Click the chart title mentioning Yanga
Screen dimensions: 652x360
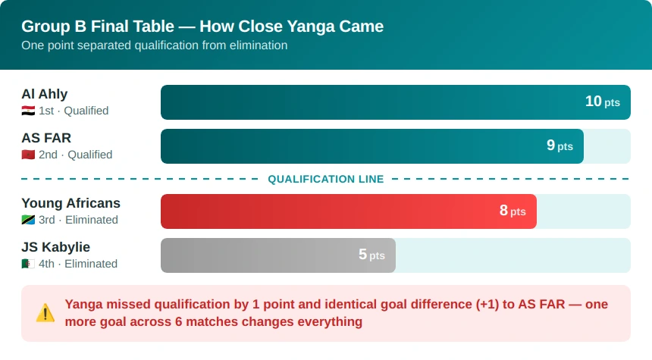coord(202,27)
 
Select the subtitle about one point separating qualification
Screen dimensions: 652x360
coord(154,45)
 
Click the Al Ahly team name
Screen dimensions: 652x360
coord(45,94)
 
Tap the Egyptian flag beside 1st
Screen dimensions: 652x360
coord(28,111)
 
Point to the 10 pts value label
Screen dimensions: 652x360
coord(603,102)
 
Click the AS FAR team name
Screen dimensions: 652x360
coord(46,138)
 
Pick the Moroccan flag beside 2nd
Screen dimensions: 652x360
coord(28,155)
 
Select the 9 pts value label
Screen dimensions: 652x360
coord(560,145)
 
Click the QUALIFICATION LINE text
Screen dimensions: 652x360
coord(325,179)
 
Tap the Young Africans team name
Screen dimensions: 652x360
coord(71,203)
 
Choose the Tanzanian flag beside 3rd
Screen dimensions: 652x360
coord(28,220)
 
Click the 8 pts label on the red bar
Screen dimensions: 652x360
coord(513,211)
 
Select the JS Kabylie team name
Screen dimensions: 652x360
coord(55,247)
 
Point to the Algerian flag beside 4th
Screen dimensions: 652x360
coord(28,264)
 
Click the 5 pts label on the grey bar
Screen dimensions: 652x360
coord(371,255)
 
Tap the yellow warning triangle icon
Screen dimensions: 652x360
coord(45,313)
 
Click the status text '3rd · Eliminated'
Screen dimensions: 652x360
coord(78,220)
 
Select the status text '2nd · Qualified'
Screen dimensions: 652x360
coord(75,155)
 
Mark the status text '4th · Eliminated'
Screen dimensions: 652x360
coord(78,264)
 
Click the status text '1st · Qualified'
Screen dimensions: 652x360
coord(74,111)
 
